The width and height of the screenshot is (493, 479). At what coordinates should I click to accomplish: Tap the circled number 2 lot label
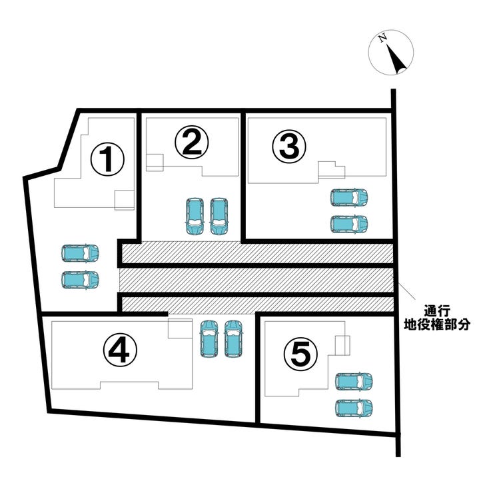tap(192, 142)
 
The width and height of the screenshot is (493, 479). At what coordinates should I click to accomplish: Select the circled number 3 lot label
tap(289, 146)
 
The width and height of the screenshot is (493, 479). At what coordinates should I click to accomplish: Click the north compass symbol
tap(391, 53)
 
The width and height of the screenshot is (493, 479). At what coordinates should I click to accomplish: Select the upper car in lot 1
tap(80, 253)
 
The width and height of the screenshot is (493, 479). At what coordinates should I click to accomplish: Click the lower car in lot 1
tap(80, 279)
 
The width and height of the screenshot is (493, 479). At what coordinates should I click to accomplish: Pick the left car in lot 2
tap(195, 216)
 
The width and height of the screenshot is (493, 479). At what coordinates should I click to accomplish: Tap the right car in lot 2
tap(219, 216)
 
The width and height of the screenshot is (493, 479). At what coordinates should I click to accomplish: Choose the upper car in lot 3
tap(349, 198)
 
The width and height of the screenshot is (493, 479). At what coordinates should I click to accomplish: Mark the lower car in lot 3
tap(349, 223)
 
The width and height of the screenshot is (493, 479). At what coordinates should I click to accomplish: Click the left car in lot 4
tap(209, 338)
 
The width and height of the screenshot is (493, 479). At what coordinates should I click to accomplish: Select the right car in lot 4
tap(233, 338)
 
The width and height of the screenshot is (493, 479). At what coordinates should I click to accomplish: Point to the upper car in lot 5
tap(354, 381)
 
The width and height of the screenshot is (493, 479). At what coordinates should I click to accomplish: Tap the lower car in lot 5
tap(354, 406)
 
